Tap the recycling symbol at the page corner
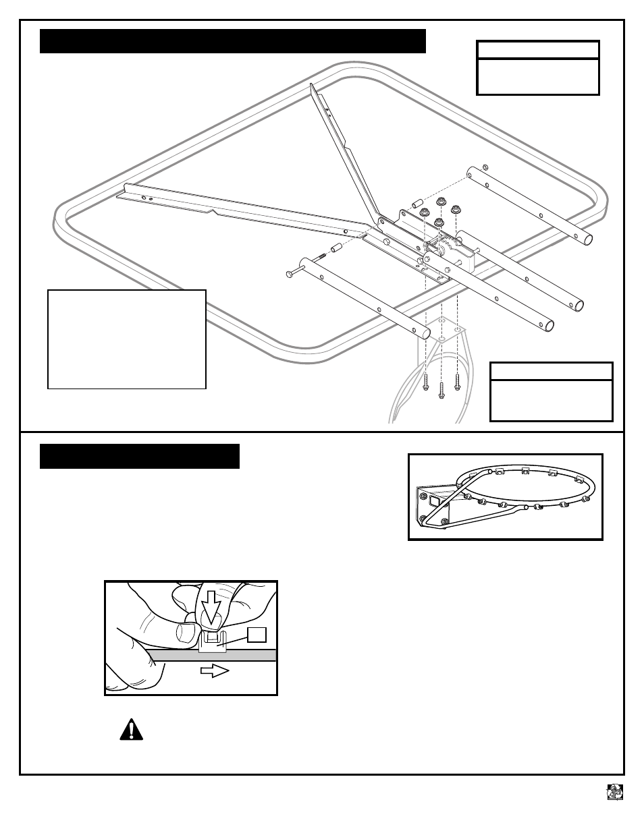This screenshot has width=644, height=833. (614, 792)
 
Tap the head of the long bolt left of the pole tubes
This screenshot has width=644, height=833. (290, 272)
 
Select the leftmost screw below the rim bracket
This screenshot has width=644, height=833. (425, 382)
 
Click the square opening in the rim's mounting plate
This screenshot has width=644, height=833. (435, 502)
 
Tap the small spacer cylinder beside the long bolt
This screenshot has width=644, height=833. (336, 250)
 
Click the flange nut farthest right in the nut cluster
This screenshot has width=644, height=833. (457, 210)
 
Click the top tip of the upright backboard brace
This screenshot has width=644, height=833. (311, 86)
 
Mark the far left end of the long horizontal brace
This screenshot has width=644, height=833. (119, 196)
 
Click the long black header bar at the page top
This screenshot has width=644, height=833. (233, 41)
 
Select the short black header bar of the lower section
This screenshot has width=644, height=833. (140, 456)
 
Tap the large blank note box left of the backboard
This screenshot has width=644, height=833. (126, 339)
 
